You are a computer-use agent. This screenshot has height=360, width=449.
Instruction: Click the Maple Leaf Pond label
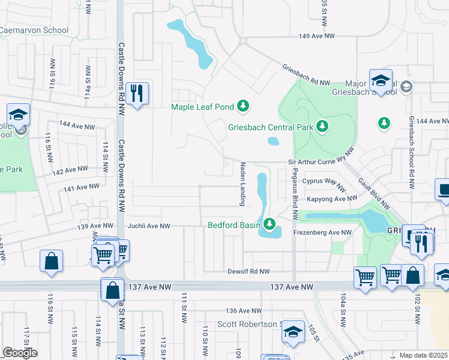coord(202,107)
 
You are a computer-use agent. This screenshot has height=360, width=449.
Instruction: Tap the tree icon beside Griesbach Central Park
coord(323,126)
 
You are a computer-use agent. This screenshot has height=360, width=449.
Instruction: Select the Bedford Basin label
coord(234,226)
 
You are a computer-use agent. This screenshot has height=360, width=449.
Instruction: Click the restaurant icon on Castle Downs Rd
coord(139,93)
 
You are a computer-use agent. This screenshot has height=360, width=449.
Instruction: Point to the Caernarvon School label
coord(34,30)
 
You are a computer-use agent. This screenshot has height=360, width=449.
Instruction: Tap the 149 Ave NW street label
coord(316,36)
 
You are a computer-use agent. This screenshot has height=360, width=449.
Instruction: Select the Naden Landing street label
coord(244,184)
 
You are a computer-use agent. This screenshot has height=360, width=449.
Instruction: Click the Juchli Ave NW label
coord(149,226)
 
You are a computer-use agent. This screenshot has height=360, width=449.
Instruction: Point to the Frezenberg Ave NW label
coord(322,232)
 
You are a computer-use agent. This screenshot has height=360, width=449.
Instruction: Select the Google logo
coord(20,353)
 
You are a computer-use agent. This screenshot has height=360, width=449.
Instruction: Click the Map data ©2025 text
coord(424,355)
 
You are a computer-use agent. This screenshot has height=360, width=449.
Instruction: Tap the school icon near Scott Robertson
coord(293,331)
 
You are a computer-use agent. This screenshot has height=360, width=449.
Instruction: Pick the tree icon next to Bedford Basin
coord(270,224)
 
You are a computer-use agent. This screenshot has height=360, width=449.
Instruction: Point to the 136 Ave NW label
coord(244,311)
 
